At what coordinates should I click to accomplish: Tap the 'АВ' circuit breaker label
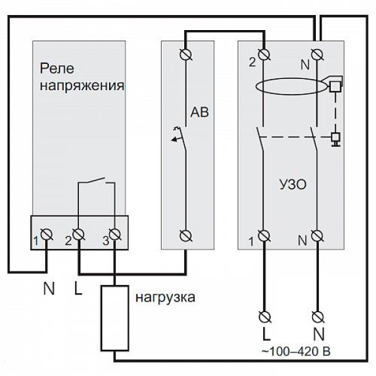[197, 113]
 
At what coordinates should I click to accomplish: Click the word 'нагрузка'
[165, 296]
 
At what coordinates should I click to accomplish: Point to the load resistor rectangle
[114, 318]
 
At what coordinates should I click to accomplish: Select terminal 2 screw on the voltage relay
[79, 235]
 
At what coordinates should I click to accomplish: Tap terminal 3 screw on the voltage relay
[114, 235]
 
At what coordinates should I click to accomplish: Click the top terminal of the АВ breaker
[186, 53]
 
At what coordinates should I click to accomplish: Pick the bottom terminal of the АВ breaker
[186, 235]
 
